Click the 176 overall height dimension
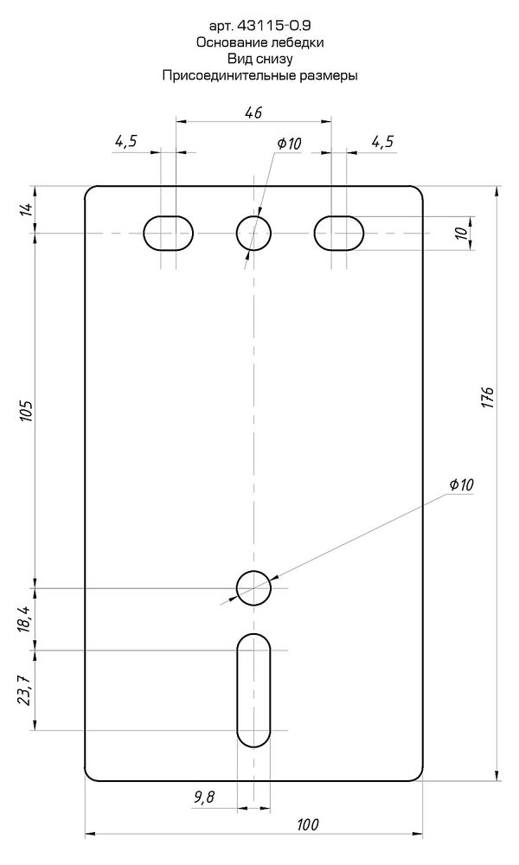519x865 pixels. (488, 398)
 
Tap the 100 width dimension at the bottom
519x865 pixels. (308, 824)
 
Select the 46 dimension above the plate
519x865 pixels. (253, 112)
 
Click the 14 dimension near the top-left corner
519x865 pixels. (27, 209)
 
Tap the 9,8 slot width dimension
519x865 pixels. (204, 797)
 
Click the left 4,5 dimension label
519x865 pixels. (125, 142)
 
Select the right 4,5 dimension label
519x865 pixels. (383, 142)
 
